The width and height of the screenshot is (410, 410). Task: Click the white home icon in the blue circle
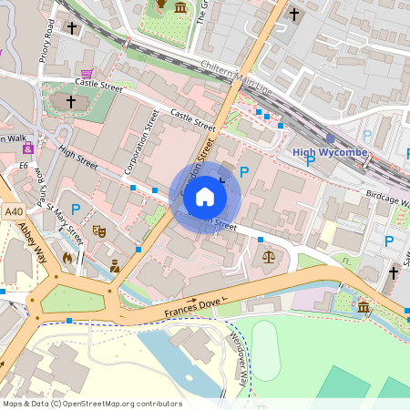[205, 197]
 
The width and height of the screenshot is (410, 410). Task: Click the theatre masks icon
[99, 232]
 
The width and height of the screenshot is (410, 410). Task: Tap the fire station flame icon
[67, 258]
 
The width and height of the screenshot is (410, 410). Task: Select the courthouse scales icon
[268, 258]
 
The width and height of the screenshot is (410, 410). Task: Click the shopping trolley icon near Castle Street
[87, 74]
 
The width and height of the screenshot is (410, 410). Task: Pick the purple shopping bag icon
[28, 148]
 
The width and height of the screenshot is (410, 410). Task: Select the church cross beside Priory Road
[72, 28]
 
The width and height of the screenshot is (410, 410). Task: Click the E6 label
[23, 167]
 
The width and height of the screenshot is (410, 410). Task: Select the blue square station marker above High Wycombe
[330, 138]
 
